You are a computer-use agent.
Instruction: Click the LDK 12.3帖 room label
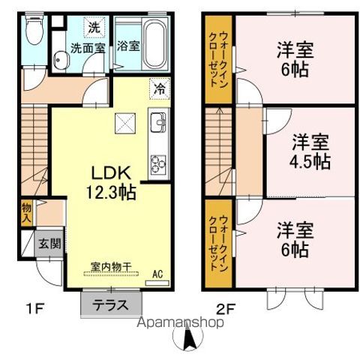(x=113, y=182)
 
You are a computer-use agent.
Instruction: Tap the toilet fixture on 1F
(x=32, y=31)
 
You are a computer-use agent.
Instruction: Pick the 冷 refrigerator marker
(x=158, y=87)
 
